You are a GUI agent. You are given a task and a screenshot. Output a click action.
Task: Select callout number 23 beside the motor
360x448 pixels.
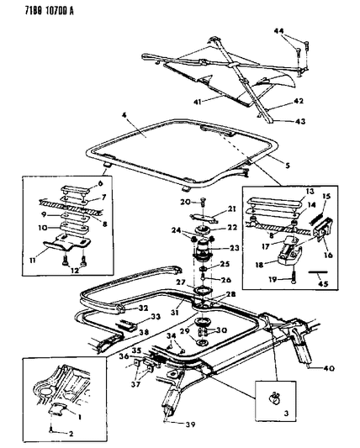(x=234, y=248)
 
